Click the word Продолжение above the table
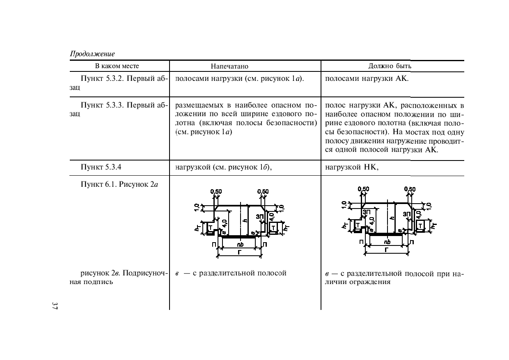coord(92,54)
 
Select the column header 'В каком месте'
coord(117,66)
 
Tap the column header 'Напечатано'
coord(229,66)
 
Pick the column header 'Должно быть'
coord(390,66)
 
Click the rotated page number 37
coord(55,306)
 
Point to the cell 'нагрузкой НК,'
coord(351,167)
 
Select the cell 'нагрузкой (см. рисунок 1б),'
coord(224,167)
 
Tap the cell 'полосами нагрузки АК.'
coord(367,78)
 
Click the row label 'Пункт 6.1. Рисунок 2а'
coord(119,184)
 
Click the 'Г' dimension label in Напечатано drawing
coord(239,252)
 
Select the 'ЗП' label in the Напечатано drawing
coord(260,216)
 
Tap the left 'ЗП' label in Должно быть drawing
coord(367,212)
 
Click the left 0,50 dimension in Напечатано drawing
coord(216,192)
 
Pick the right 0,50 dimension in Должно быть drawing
coord(410,189)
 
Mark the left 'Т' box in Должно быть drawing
coord(358,225)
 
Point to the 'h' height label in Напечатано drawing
coord(245,220)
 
